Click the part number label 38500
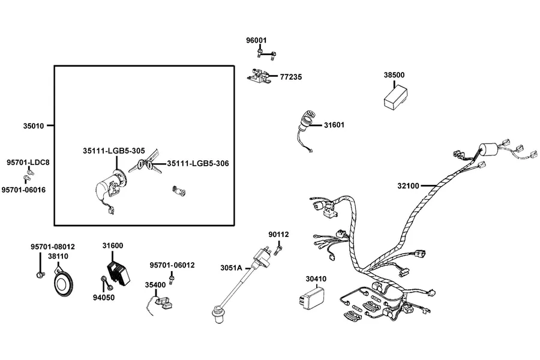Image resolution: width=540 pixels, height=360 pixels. pyautogui.click(x=394, y=75)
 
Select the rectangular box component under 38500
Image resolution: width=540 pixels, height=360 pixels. pyautogui.click(x=396, y=98)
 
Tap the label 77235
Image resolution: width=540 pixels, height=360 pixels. pyautogui.click(x=290, y=77)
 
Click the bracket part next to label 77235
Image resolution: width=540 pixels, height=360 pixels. pyautogui.click(x=259, y=76)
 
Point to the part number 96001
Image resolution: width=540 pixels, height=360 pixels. pyautogui.click(x=256, y=40)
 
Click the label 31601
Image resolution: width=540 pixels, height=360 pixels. pyautogui.click(x=334, y=125)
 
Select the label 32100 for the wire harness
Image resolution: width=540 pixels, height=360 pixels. pyautogui.click(x=408, y=186)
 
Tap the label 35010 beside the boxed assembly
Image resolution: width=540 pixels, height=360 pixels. pyautogui.click(x=34, y=126)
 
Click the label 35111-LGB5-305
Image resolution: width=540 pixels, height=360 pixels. pyautogui.click(x=113, y=151)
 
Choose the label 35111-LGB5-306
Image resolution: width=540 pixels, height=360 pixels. pyautogui.click(x=198, y=163)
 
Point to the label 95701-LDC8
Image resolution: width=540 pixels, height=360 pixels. pyautogui.click(x=28, y=162)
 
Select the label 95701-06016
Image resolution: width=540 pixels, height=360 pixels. pyautogui.click(x=23, y=190)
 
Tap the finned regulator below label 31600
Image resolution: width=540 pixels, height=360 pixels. pyautogui.click(x=118, y=273)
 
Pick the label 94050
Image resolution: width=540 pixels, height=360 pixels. pyautogui.click(x=104, y=298)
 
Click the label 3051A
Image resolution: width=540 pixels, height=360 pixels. pyautogui.click(x=231, y=268)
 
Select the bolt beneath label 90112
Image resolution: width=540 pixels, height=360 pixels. pyautogui.click(x=278, y=249)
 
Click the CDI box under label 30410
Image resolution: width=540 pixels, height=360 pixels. pyautogui.click(x=311, y=298)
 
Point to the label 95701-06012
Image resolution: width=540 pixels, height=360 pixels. pyautogui.click(x=172, y=265)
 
